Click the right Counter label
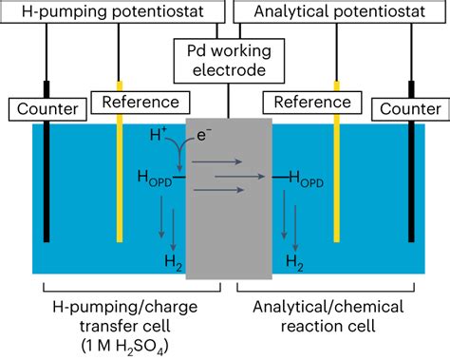[410, 110]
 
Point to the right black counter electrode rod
[410, 190]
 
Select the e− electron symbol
[202, 139]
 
